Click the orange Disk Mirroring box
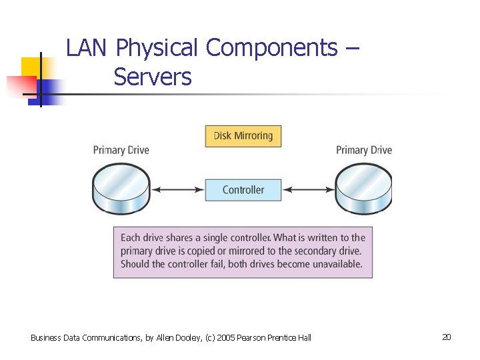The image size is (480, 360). coord(243,136)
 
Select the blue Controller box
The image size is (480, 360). coord(243,190)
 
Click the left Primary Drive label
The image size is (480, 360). coord(121,150)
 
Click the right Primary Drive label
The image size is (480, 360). coord(364,150)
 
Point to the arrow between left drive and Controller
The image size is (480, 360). coord(178,190)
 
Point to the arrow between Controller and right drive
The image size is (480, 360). coord(308,190)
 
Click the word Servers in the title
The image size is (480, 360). coord(153,77)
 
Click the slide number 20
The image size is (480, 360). coord(446,337)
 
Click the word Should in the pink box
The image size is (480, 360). coord(137,264)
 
